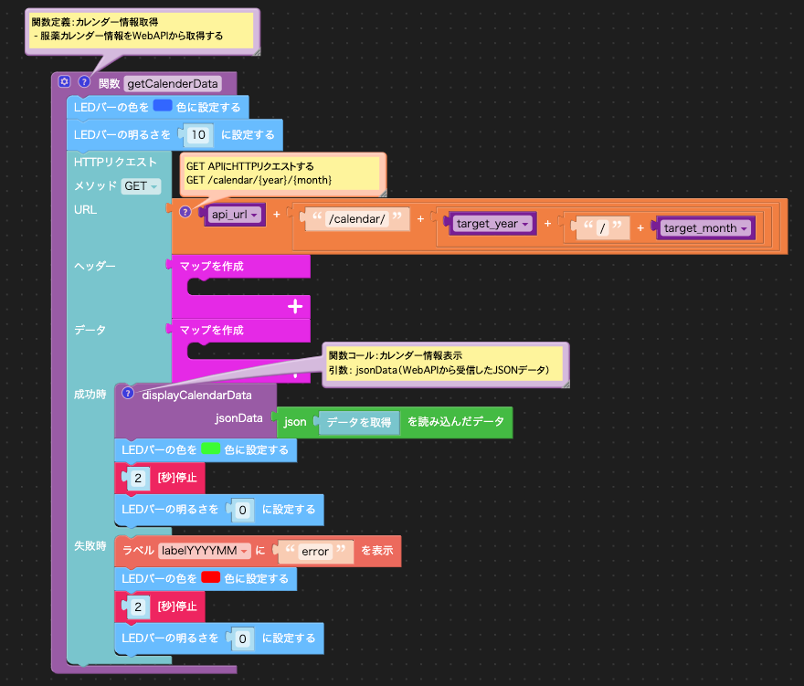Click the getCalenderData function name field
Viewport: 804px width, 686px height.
[x=173, y=83]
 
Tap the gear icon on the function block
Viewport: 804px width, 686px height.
[x=64, y=81]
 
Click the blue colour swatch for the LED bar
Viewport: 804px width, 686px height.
[x=163, y=106]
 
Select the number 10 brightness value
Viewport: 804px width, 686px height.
[x=198, y=135]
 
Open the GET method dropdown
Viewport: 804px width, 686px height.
[x=141, y=186]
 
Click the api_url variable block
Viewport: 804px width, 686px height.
[x=234, y=215]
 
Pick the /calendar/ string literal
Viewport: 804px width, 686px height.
[x=357, y=219]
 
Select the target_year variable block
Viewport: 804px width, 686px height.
[x=492, y=224]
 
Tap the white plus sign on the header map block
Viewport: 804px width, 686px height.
[x=295, y=307]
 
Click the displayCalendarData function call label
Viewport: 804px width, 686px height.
[x=197, y=396]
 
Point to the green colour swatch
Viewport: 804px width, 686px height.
[x=211, y=449]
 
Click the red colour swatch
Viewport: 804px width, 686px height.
[x=211, y=577]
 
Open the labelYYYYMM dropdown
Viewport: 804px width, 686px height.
[x=205, y=551]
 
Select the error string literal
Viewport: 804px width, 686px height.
[x=315, y=551]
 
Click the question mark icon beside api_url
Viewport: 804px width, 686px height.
[x=185, y=212]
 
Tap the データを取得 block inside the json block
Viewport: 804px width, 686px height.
[x=358, y=422]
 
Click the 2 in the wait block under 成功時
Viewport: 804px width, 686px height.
[x=138, y=479]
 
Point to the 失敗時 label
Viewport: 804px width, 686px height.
[x=90, y=546]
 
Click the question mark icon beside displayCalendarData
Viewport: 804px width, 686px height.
[x=128, y=394]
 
